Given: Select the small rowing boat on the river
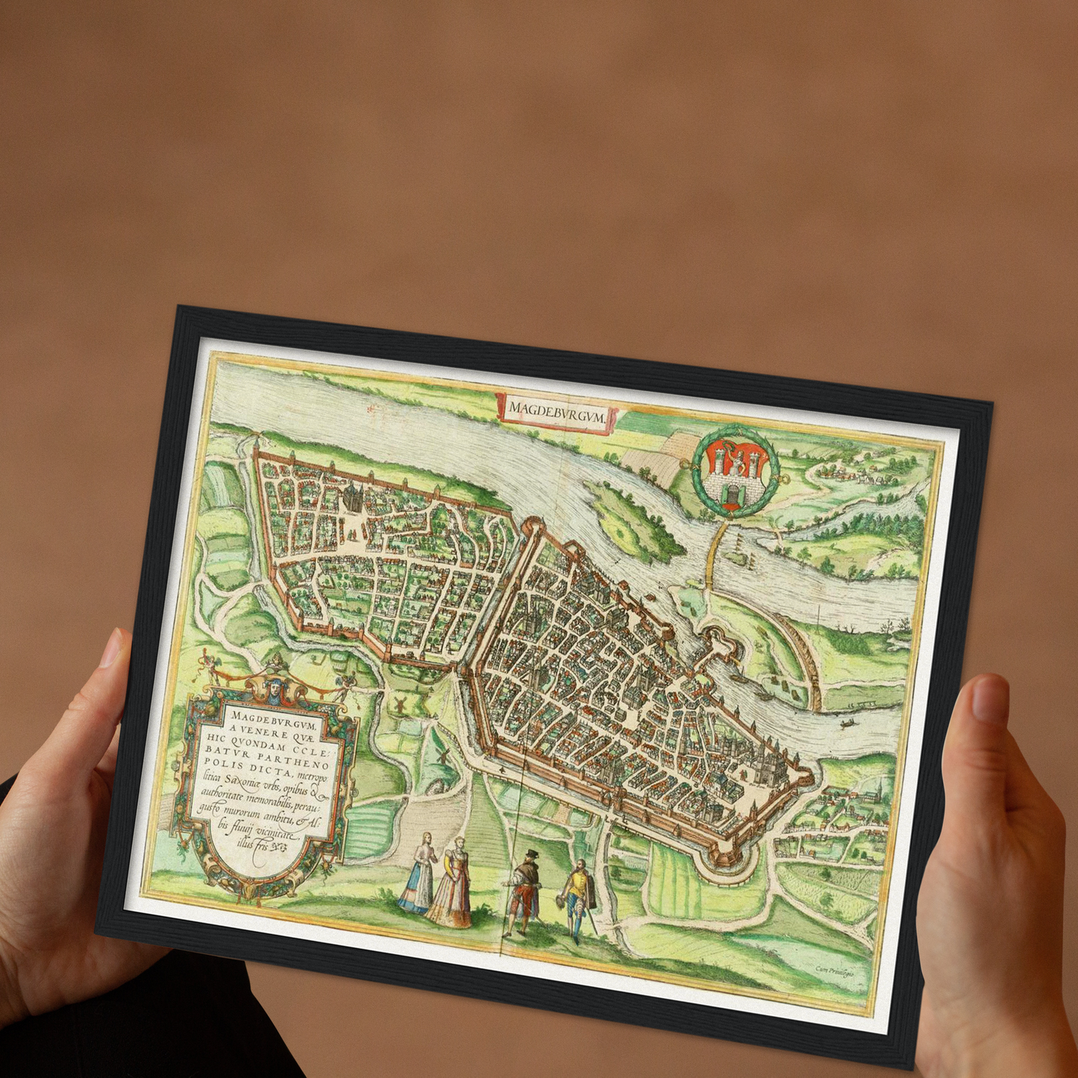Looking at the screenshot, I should coord(847,723).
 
